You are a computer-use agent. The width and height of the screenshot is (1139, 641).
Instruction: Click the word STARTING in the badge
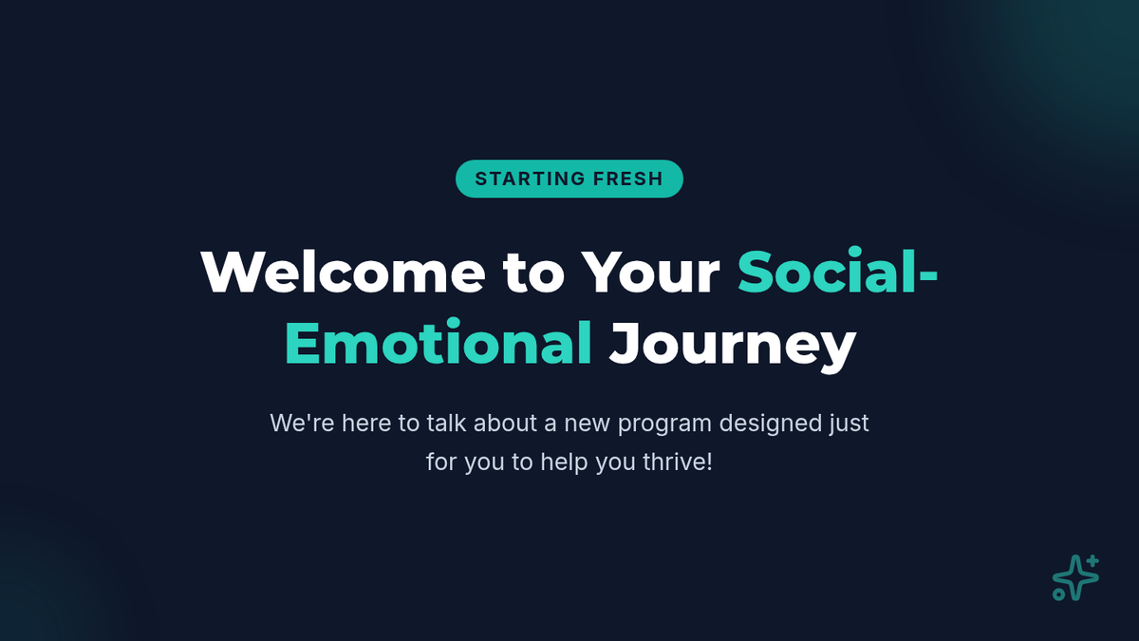[x=530, y=179]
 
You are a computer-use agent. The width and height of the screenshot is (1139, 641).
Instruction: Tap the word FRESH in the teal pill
[x=628, y=179]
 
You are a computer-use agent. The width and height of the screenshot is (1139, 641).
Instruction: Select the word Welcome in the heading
[x=344, y=273]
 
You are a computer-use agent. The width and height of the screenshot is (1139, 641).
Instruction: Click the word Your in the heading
[x=651, y=273]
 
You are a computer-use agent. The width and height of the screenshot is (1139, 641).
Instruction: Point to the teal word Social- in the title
[x=837, y=272]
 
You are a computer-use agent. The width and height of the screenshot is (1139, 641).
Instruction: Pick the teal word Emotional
[x=439, y=341]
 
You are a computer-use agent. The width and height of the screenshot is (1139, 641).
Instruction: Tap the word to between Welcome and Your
[x=533, y=273]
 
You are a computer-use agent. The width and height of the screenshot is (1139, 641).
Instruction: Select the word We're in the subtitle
[x=302, y=424]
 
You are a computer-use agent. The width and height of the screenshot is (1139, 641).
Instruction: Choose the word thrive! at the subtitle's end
[x=678, y=462]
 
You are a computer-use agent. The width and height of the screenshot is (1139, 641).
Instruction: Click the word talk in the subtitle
[x=446, y=424]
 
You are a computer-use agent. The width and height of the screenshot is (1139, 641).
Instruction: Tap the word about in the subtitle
[x=505, y=424]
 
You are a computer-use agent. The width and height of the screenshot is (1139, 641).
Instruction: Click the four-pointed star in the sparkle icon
[x=1075, y=578]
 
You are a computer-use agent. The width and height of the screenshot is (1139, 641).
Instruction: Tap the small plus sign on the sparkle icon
[x=1092, y=561]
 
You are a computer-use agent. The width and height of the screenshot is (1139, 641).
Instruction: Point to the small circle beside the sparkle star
[x=1058, y=594]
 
